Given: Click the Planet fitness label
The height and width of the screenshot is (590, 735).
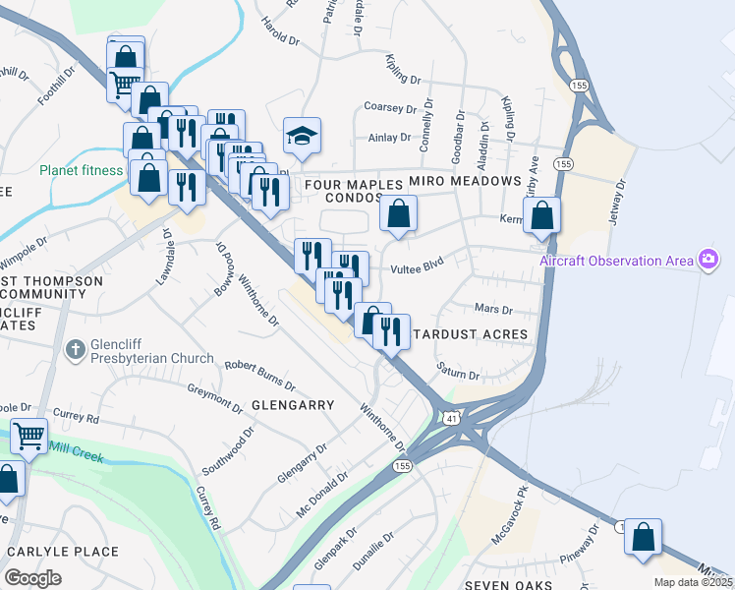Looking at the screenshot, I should click(x=82, y=170).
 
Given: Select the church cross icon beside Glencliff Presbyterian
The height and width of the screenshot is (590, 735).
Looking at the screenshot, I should click(x=75, y=350).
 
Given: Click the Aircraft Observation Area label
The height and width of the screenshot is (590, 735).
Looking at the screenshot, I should click(x=615, y=261).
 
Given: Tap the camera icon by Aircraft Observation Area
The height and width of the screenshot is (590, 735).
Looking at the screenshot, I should click(x=707, y=260).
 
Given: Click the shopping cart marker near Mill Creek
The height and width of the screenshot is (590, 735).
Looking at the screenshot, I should click(x=29, y=435).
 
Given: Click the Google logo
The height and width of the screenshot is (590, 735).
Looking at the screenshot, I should click(x=33, y=577).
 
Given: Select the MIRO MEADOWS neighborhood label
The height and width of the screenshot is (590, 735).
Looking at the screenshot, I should click(x=464, y=182).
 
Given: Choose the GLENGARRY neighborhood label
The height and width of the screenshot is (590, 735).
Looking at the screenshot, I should click(x=293, y=404).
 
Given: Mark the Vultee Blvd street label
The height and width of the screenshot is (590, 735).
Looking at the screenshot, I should click(x=420, y=265).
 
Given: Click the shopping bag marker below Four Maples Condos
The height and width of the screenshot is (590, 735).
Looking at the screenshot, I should click(x=398, y=213).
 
